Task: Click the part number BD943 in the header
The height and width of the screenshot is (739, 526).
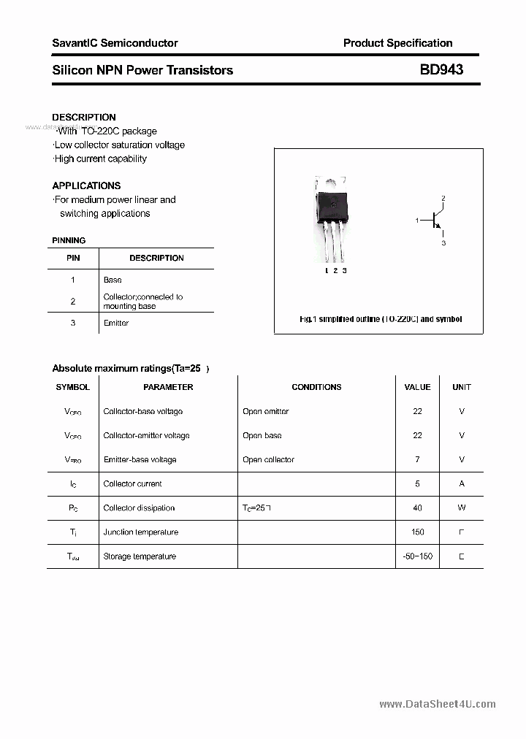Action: [x=441, y=70]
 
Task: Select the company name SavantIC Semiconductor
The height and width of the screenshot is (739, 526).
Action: [x=115, y=43]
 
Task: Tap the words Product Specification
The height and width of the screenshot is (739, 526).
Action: [x=397, y=43]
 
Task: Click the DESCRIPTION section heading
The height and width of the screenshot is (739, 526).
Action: [x=84, y=117]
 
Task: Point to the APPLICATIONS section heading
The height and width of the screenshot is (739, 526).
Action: [x=86, y=185]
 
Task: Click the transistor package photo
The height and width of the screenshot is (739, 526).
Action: [x=330, y=219]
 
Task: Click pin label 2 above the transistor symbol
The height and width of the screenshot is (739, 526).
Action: [x=443, y=199]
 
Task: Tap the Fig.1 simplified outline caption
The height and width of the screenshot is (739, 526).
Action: [x=381, y=319]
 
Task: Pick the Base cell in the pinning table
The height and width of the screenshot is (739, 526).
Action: [x=113, y=280]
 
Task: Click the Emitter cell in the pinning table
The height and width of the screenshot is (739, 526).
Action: [x=116, y=323]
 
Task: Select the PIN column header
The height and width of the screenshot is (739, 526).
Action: [x=73, y=258]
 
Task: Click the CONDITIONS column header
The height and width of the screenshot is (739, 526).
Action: [x=316, y=387]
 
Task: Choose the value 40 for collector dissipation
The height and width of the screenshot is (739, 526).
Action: [x=417, y=508]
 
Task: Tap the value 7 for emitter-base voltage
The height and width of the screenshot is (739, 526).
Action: [x=417, y=459]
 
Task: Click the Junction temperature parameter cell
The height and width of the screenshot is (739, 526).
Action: [x=140, y=532]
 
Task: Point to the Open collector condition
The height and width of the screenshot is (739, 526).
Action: [x=268, y=459]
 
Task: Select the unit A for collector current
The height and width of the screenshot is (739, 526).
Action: [x=462, y=483]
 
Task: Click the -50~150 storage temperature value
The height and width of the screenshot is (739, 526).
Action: [x=417, y=556]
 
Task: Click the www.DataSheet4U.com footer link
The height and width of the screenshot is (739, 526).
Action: [x=438, y=704]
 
